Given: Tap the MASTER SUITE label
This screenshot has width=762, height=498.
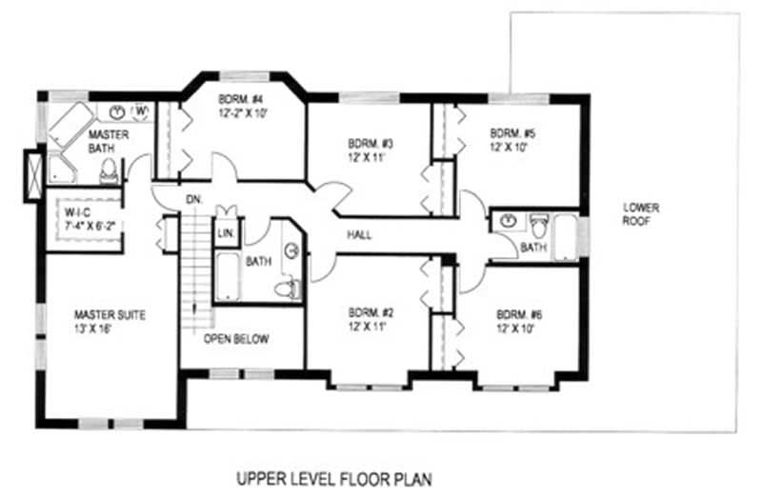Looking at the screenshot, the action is point(110,315).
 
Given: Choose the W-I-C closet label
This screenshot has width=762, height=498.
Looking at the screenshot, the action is point(78,212).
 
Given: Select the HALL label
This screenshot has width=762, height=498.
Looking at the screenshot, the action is point(360,235).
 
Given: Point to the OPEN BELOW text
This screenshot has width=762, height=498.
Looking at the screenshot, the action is point(236,339).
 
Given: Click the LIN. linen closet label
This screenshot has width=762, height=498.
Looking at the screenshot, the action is point(226,233).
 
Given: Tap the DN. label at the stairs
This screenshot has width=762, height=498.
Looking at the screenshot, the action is point(194,199).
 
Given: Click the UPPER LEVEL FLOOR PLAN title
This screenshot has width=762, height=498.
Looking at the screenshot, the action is point(334,479).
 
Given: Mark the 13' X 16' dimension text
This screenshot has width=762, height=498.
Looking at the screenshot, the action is point(92,329).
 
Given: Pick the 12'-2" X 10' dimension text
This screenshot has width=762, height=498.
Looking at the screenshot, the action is point(243,113).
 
